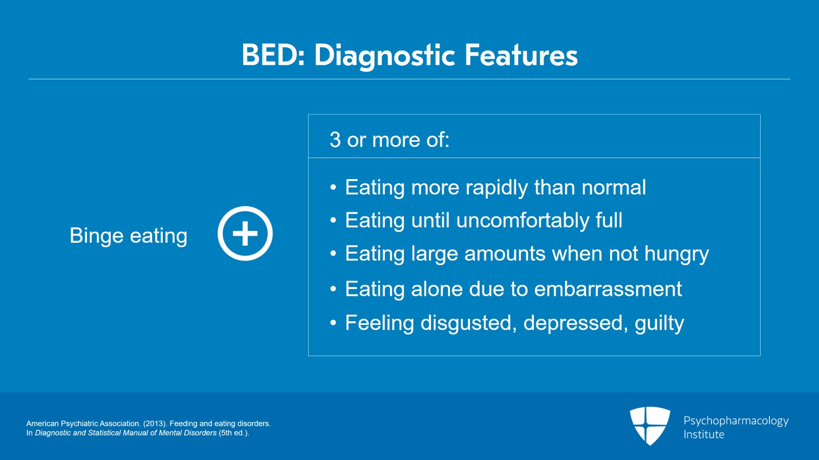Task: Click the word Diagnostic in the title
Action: coord(384,55)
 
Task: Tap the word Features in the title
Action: coord(521,55)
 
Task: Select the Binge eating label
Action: coord(128,236)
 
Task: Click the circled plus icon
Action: coord(245,234)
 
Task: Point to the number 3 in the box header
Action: coord(335,140)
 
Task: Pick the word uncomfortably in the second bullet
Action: coord(523,221)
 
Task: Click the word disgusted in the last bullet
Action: coord(468,323)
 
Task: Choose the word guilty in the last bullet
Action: coord(659,323)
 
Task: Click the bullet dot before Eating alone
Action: coord(333,290)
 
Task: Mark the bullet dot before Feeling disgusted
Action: coord(333,323)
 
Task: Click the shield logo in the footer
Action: coord(650,425)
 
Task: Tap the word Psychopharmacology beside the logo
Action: coord(736,421)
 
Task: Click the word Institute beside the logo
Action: coord(704,434)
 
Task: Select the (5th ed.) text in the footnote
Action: coord(233,433)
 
